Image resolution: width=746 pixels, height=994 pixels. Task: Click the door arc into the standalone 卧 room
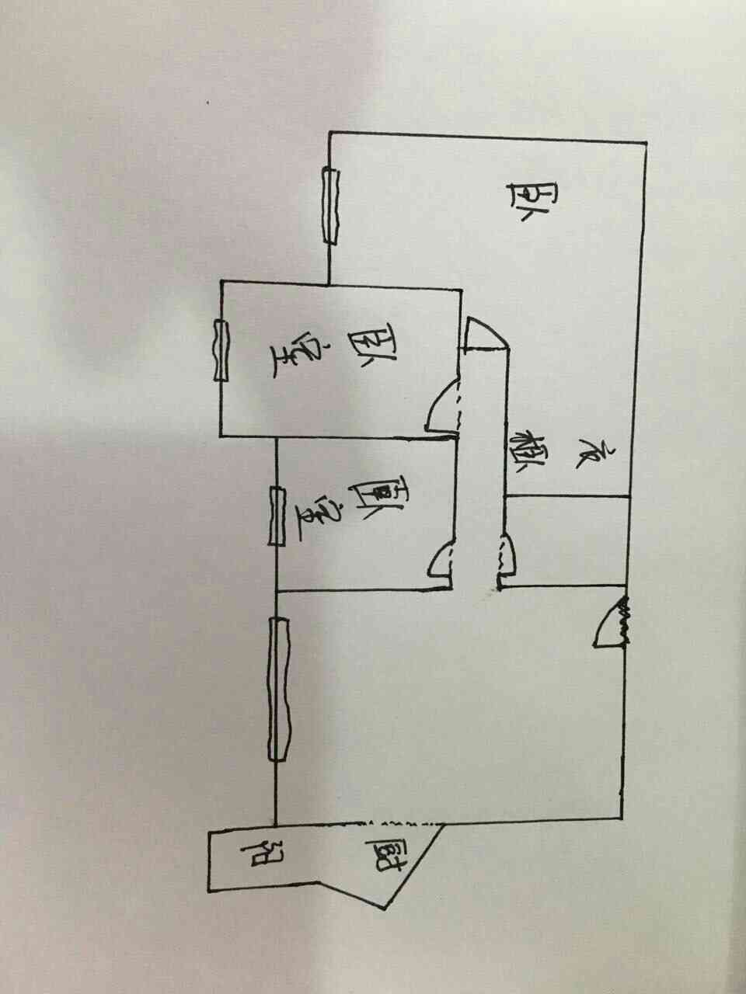(486, 334)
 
